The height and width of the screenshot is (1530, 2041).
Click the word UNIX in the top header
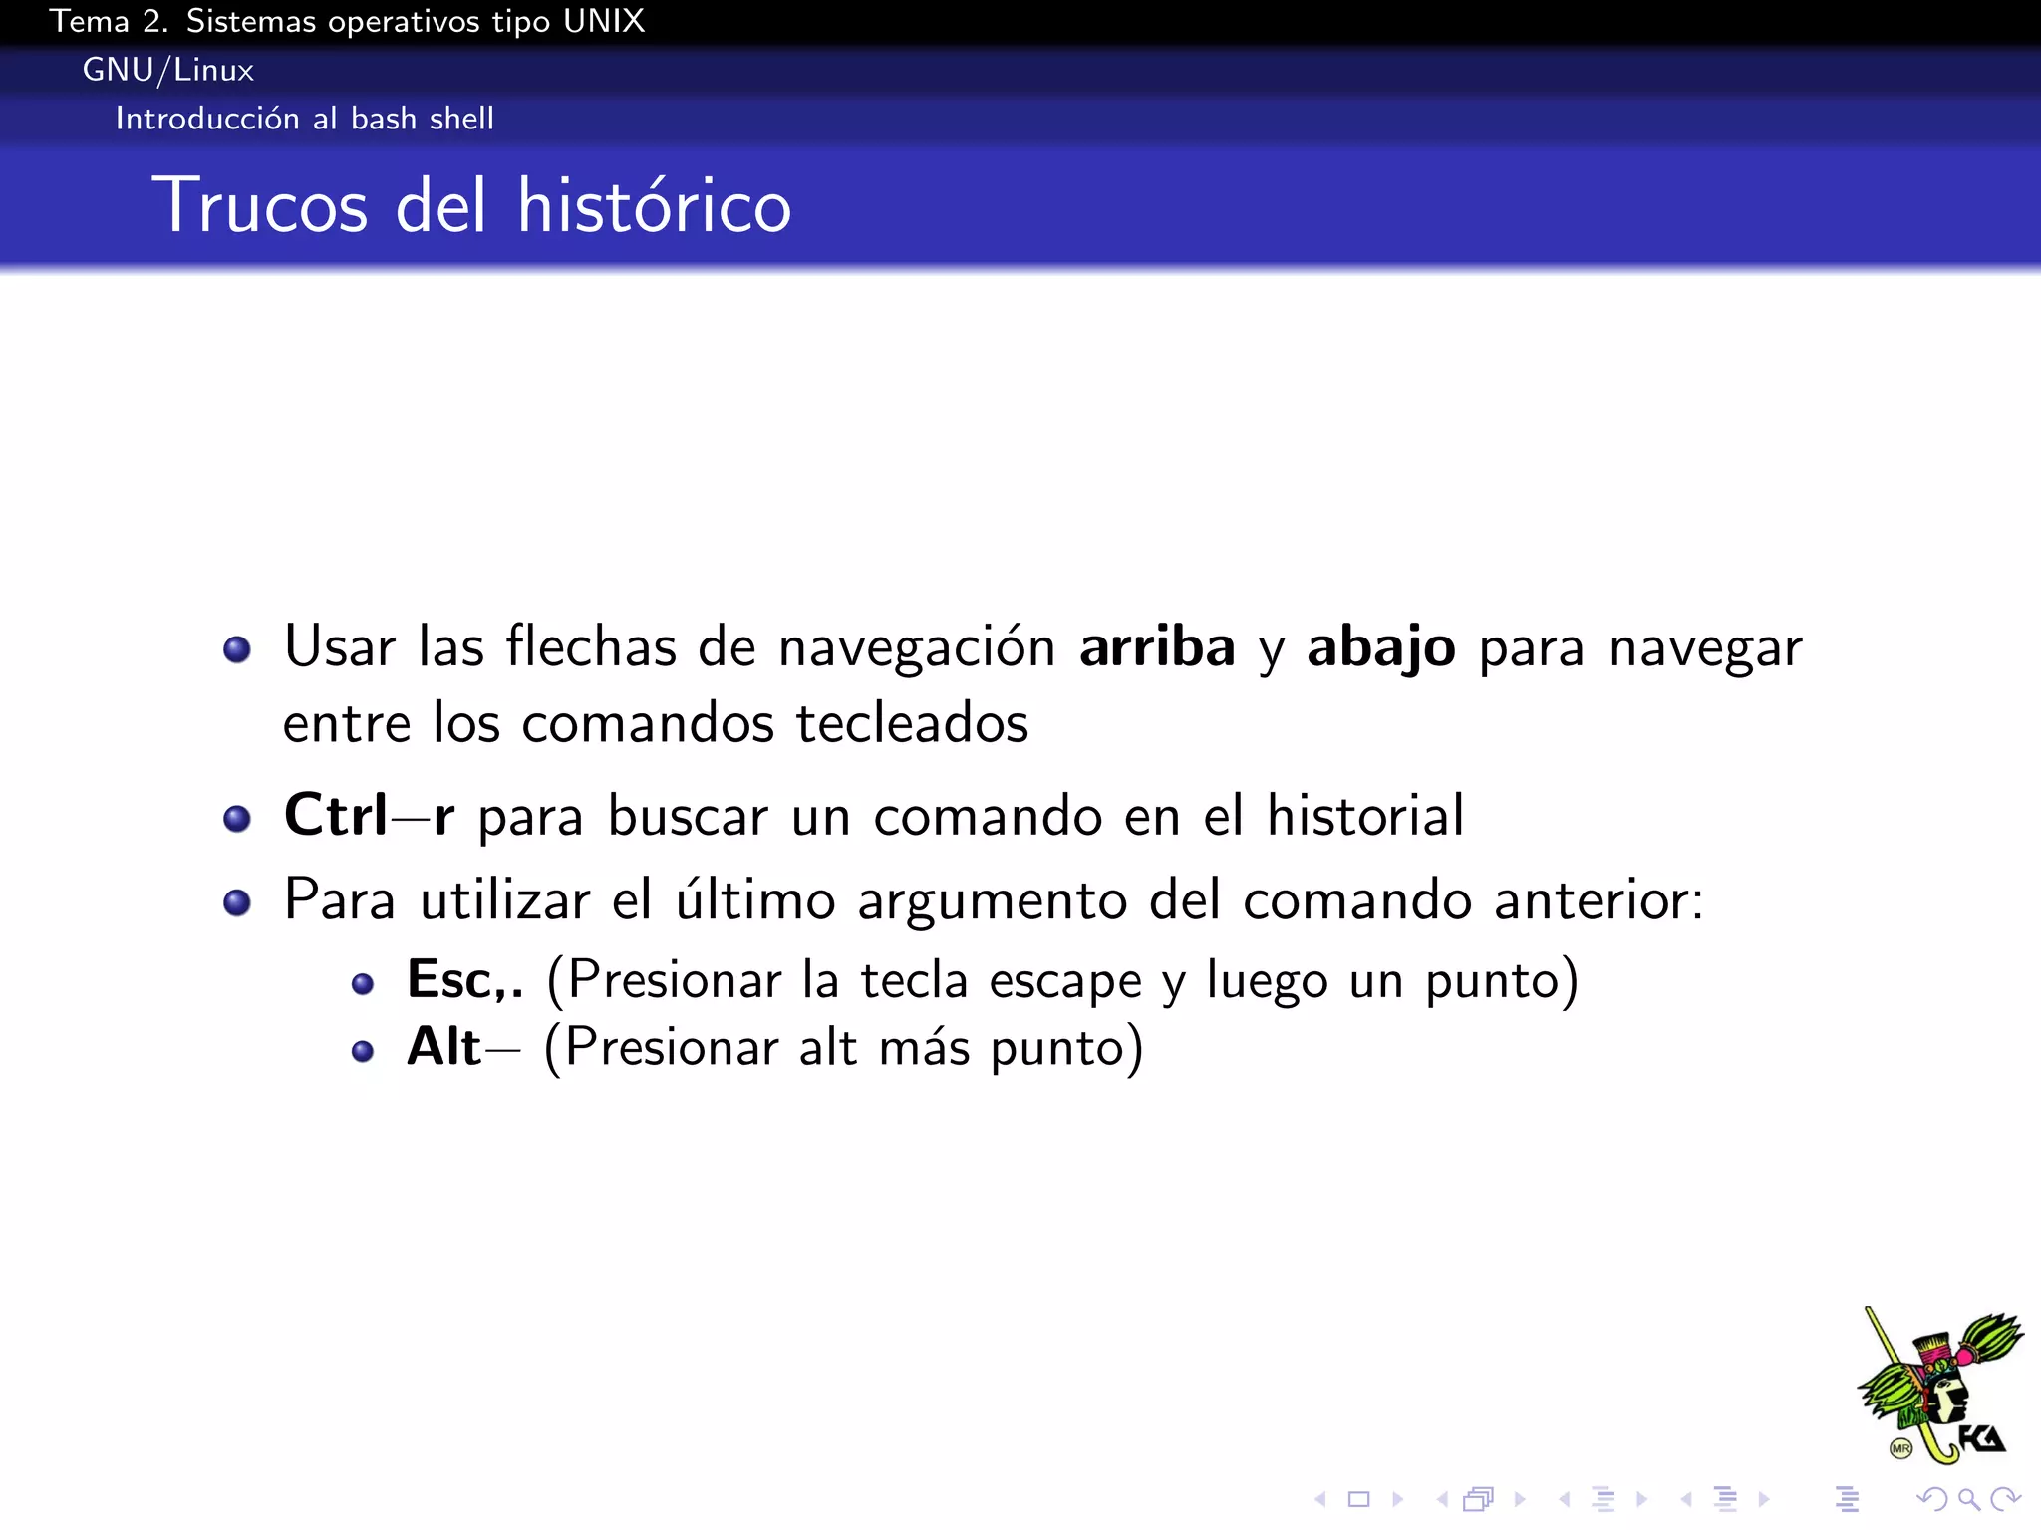pyautogui.click(x=604, y=21)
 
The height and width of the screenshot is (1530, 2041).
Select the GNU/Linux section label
pyautogui.click(x=167, y=70)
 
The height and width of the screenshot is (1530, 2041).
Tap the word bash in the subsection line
pyautogui.click(x=384, y=119)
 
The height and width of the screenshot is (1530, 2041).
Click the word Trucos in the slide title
pyautogui.click(x=260, y=205)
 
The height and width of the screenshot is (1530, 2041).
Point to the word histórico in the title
pyautogui.click(x=654, y=205)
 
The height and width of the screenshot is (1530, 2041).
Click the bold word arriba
pyautogui.click(x=1157, y=647)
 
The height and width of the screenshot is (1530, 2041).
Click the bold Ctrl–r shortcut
pyautogui.click(x=369, y=816)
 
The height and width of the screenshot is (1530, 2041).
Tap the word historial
pyautogui.click(x=1365, y=816)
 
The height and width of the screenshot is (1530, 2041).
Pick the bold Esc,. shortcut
pyautogui.click(x=464, y=980)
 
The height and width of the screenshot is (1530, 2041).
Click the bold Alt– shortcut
pyautogui.click(x=462, y=1048)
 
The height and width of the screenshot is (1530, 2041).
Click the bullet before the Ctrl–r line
pyautogui.click(x=237, y=819)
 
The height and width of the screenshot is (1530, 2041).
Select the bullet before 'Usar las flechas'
pyautogui.click(x=237, y=650)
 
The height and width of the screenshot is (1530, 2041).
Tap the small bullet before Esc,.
pyautogui.click(x=363, y=985)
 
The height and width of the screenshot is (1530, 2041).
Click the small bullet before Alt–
pyautogui.click(x=363, y=1051)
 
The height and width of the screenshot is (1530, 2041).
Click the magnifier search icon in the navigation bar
pyautogui.click(x=1968, y=1499)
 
